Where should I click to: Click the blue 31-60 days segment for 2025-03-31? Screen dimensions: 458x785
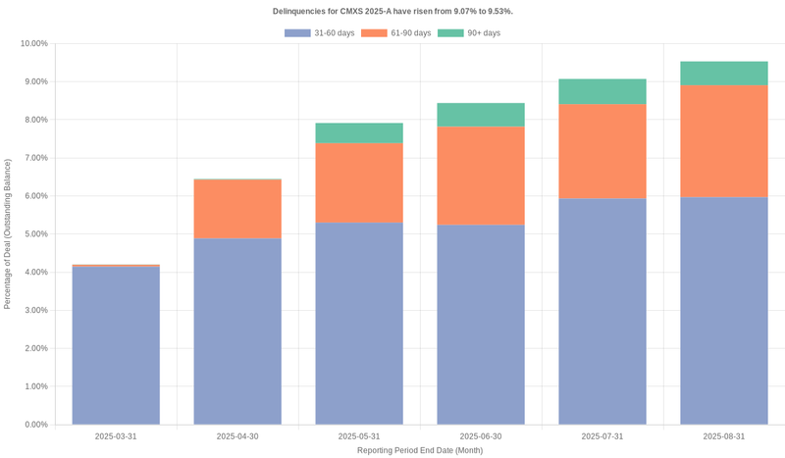(x=116, y=345)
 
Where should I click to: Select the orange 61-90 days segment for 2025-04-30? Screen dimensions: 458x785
(x=237, y=209)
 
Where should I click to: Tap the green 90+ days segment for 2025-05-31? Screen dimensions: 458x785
(x=359, y=132)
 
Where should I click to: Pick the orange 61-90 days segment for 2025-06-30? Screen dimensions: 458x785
(x=481, y=176)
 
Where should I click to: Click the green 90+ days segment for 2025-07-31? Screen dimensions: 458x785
(x=602, y=91)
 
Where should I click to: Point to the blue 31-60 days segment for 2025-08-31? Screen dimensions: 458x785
(x=724, y=311)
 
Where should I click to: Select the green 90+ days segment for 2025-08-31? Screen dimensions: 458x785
(x=724, y=74)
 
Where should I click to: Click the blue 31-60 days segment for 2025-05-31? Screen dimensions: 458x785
(x=359, y=324)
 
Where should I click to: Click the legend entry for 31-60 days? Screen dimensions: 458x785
(x=320, y=33)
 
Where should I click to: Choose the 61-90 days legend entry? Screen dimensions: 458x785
(x=396, y=33)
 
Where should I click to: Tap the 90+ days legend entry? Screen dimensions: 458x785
(x=469, y=33)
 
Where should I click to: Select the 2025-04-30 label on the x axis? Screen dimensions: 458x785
(x=237, y=436)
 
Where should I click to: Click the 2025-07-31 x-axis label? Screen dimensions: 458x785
(x=602, y=436)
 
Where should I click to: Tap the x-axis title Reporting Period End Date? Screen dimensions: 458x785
(x=420, y=450)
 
